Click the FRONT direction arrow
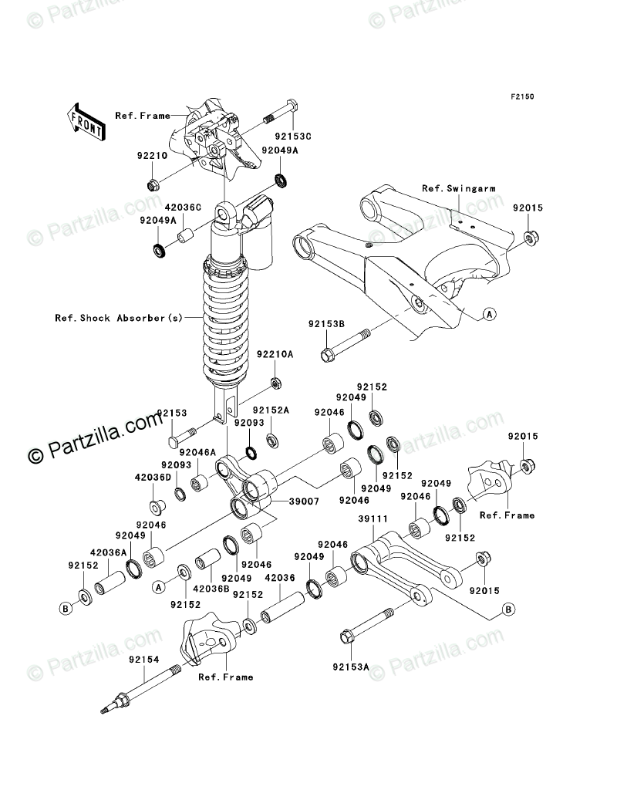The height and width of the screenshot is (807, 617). tap(86, 121)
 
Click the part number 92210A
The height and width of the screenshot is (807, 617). tap(276, 355)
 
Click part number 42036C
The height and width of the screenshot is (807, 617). tap(182, 208)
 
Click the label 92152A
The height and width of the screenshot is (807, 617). tap(273, 410)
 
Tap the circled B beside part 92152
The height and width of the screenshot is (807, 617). tap(66, 608)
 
